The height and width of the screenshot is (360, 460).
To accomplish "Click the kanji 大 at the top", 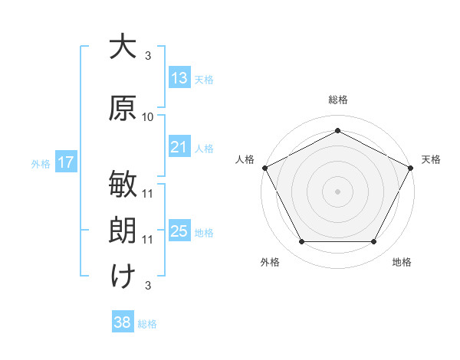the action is (x=123, y=46).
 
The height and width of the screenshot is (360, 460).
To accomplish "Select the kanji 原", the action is (x=123, y=108).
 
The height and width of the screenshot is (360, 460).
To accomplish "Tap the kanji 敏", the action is (x=123, y=184).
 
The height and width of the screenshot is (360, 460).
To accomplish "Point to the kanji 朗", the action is (x=123, y=230).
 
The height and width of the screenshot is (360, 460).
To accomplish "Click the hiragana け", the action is (x=123, y=277).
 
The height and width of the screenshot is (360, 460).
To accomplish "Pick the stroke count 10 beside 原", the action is (x=147, y=117).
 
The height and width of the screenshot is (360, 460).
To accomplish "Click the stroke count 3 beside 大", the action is (x=148, y=56).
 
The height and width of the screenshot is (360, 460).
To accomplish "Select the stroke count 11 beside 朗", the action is (x=147, y=240).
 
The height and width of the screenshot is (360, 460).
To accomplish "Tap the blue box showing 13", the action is (x=179, y=77).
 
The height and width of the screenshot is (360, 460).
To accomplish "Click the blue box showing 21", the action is (x=179, y=146).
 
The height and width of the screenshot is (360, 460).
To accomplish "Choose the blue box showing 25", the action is (x=179, y=230).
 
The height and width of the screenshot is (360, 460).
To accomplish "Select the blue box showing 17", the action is (x=66, y=162).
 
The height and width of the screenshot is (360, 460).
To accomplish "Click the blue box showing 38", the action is (x=123, y=321).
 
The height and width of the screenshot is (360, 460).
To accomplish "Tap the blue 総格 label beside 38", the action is (x=147, y=324).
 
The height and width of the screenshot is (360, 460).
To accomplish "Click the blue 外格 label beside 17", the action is (x=41, y=164).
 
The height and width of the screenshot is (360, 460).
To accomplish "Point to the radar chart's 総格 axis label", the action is (x=338, y=100).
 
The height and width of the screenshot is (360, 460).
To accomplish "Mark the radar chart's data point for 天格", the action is (x=410, y=168).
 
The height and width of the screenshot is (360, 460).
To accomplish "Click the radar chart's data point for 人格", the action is (x=265, y=168).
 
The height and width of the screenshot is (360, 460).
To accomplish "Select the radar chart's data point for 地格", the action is (x=373, y=241).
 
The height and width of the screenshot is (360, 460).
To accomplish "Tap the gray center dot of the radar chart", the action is (x=337, y=191).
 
